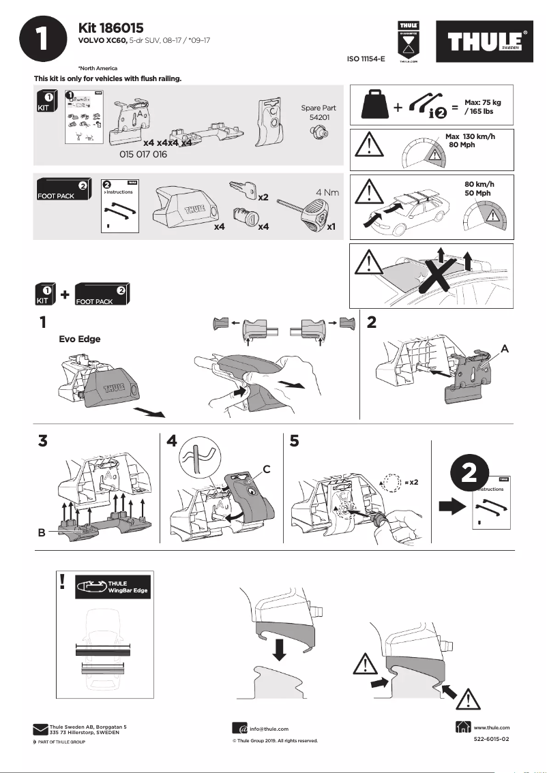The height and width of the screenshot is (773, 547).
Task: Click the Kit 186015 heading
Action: tap(111, 28)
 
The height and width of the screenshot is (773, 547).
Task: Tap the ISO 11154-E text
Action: tap(366, 60)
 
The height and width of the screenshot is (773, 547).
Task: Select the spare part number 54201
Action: tap(319, 117)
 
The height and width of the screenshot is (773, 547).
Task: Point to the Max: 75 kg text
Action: tap(482, 102)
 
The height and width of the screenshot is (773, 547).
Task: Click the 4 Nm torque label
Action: tap(327, 193)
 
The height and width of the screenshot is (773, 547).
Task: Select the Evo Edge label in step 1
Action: tap(80, 339)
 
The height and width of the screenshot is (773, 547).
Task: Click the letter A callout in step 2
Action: tap(504, 348)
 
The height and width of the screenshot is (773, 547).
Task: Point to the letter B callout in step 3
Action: tap(42, 534)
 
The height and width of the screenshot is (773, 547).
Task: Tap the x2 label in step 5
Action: tap(411, 481)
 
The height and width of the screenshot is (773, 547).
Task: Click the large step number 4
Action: tap(173, 441)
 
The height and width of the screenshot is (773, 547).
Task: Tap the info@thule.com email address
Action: tap(269, 729)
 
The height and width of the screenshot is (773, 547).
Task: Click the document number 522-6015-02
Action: tap(491, 739)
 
